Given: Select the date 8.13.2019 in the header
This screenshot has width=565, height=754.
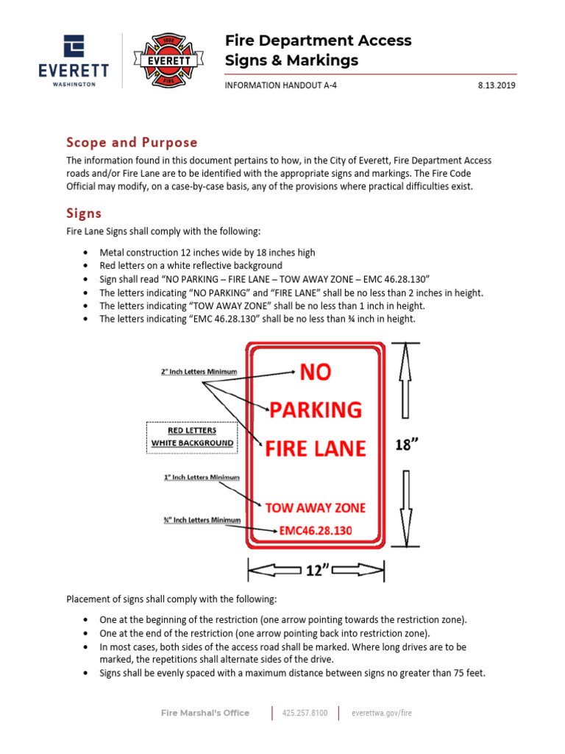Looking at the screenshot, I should (497, 85).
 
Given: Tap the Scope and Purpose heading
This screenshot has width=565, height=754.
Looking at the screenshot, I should (132, 142).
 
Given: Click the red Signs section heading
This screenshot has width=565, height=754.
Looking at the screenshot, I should (84, 214).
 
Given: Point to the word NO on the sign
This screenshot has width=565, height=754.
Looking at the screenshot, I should (316, 373).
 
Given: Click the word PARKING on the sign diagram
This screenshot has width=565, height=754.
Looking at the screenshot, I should (316, 409).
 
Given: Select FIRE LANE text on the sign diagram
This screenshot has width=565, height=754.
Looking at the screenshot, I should (316, 448).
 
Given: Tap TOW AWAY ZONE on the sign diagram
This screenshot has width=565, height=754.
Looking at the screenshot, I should (316, 507).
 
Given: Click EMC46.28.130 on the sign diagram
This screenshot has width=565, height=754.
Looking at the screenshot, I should (316, 530).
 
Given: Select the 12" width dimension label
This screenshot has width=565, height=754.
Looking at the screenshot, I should (316, 570).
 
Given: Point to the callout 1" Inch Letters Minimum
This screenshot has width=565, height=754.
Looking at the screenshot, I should (202, 477).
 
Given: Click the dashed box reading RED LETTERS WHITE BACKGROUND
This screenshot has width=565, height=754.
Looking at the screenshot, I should (191, 436).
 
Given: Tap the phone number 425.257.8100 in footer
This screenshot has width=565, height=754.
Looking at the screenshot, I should (305, 713).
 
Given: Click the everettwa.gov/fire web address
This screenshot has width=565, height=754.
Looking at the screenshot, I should (387, 713).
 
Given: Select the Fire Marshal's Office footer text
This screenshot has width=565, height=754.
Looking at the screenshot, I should (205, 713).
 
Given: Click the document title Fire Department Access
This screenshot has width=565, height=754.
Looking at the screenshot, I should (318, 40).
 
